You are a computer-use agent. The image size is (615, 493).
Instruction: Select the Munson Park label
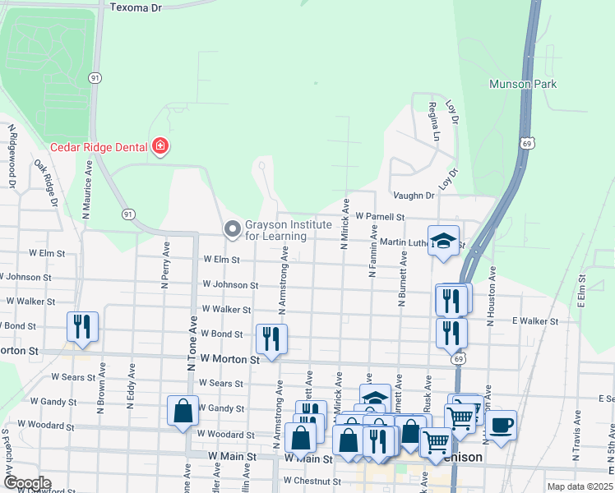[522, 84]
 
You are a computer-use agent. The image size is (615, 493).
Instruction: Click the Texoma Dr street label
[136, 7]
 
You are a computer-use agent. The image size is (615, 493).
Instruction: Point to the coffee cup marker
[501, 426]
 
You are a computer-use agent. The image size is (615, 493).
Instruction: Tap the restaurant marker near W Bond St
[271, 338]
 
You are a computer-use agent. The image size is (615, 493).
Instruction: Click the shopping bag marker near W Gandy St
[183, 409]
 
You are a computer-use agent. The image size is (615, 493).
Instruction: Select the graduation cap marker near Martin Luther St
[443, 241]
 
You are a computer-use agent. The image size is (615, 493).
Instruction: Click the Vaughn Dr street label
[413, 196]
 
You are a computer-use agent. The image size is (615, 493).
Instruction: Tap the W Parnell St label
[381, 217]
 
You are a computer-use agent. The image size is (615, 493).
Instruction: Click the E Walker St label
[534, 321]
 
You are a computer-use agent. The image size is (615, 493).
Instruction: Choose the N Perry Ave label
[165, 265]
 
